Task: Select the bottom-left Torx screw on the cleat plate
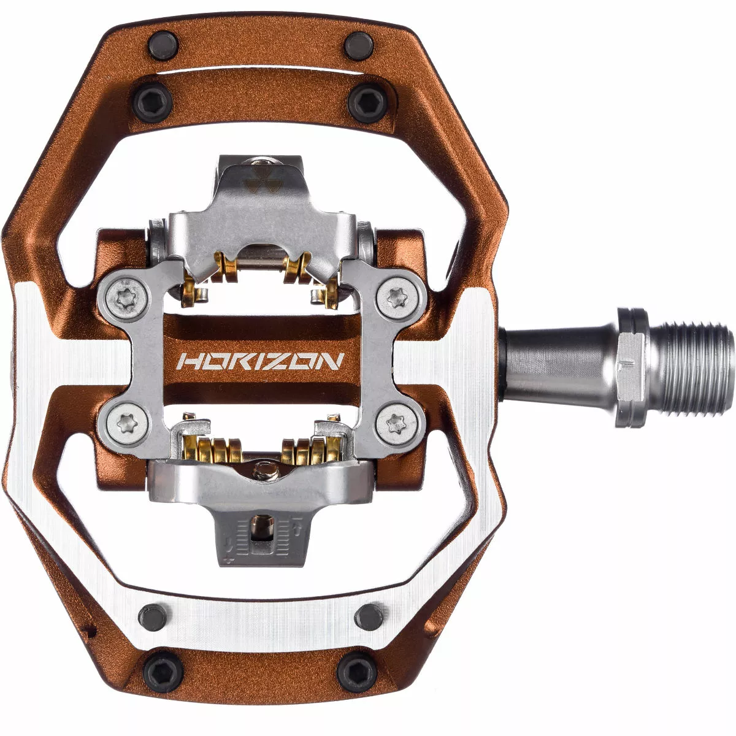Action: (119, 421)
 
